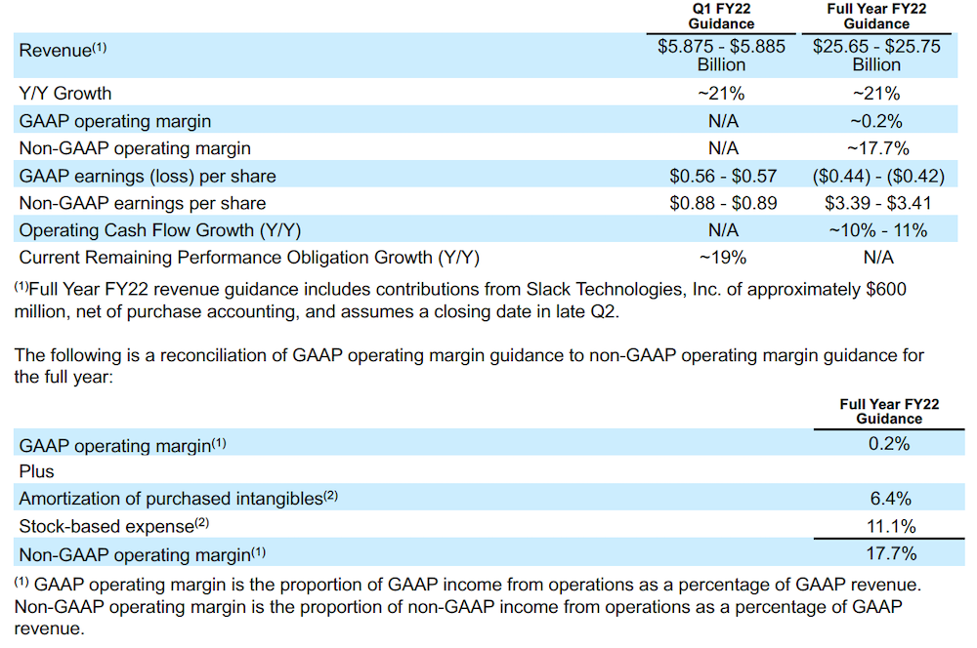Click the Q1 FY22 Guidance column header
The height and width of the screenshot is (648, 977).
(x=721, y=16)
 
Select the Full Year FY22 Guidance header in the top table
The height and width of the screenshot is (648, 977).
(x=876, y=16)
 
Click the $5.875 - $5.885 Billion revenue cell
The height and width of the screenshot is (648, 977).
(x=721, y=56)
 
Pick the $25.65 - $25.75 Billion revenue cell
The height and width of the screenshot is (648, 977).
(x=876, y=56)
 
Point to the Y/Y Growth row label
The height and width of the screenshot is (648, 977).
(x=65, y=94)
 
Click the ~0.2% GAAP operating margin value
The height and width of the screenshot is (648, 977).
(x=876, y=121)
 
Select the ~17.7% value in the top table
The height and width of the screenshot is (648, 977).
(x=876, y=148)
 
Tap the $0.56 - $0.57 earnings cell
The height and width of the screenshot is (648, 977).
(x=721, y=176)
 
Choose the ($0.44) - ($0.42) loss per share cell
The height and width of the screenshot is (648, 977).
(x=876, y=176)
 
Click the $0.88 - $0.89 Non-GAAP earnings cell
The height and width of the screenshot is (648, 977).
(x=721, y=203)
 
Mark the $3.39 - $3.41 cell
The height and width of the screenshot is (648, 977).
(x=876, y=203)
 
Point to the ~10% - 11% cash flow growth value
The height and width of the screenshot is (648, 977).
(x=876, y=230)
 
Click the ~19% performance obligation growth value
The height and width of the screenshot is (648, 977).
(x=721, y=258)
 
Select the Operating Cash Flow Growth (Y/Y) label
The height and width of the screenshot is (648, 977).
(x=160, y=230)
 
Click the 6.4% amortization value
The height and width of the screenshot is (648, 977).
(x=889, y=499)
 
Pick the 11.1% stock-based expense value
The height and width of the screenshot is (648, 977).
(x=889, y=526)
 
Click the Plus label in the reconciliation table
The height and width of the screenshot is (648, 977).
(x=37, y=471)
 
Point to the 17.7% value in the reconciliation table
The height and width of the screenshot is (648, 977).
(x=889, y=553)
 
